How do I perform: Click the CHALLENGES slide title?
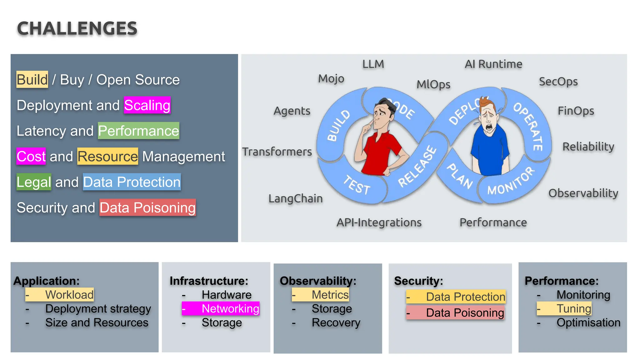[77, 28]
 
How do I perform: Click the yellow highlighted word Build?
[32, 79]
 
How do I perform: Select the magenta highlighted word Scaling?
[147, 105]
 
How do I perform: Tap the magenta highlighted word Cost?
[31, 156]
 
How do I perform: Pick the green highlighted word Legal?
[34, 182]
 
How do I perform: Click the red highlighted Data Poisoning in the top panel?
[147, 207]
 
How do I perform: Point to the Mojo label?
[331, 78]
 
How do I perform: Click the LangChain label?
[295, 198]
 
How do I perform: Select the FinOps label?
[576, 111]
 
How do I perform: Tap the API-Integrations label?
[379, 222]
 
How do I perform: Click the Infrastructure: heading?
[209, 281]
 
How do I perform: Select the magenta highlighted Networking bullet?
[221, 308]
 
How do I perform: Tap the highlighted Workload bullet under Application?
[59, 294]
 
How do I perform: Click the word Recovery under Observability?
[336, 322]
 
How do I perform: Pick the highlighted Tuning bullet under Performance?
[564, 308]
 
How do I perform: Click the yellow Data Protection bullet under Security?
[456, 297]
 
